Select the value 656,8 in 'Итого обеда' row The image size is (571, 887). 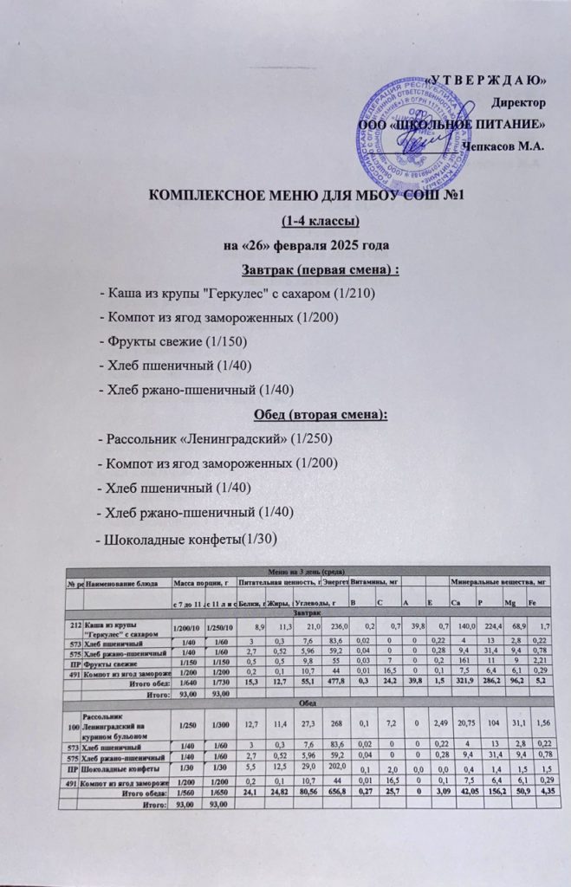pos(334,792)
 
